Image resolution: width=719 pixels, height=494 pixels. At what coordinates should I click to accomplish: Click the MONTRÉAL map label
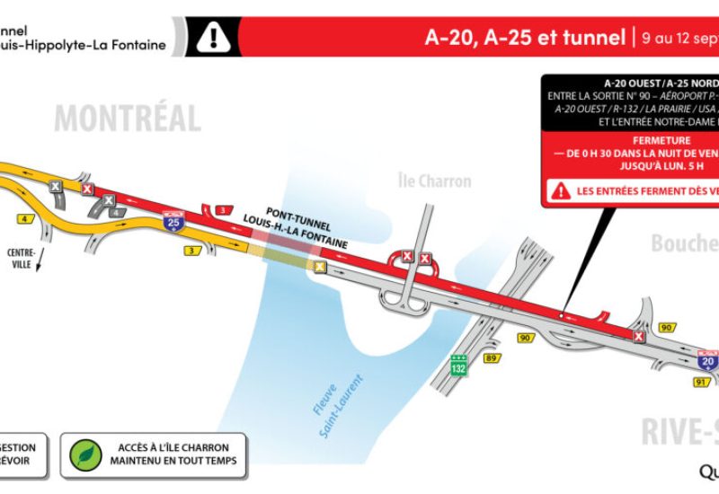tap(127, 118)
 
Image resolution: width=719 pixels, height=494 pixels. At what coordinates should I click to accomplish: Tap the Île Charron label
tap(435, 181)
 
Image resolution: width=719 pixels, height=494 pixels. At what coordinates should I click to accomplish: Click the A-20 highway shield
tap(708, 360)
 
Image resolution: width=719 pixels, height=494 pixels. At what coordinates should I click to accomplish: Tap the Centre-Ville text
tap(22, 258)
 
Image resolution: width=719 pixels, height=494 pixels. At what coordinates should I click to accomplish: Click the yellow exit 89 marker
tap(491, 358)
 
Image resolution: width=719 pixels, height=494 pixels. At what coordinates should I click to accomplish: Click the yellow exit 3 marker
tap(191, 251)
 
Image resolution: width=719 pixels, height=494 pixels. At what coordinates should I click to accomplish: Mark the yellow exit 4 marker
tap(23, 218)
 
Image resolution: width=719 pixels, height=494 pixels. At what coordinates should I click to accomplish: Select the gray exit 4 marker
tap(116, 212)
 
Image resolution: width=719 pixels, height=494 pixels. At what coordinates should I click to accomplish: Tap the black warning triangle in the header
tap(213, 37)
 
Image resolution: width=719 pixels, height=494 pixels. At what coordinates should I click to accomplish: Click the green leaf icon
tap(84, 454)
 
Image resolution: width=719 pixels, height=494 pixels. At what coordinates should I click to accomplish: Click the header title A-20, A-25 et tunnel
tap(526, 38)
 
